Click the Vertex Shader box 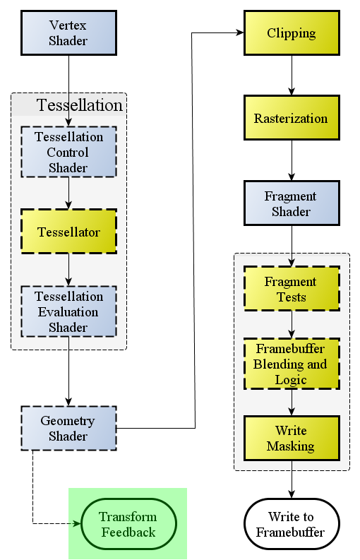pyautogui.click(x=69, y=33)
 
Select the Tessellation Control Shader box pyautogui.click(x=69, y=152)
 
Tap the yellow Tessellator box pyautogui.click(x=69, y=232)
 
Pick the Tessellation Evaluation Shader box pyautogui.click(x=69, y=311)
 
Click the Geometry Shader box pyautogui.click(x=69, y=428)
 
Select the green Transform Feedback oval pyautogui.click(x=128, y=524)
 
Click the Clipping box pyautogui.click(x=292, y=33)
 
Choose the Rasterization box pyautogui.click(x=292, y=118)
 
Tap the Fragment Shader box pyautogui.click(x=292, y=203)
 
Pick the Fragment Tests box pyautogui.click(x=292, y=289)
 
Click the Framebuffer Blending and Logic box pyautogui.click(x=292, y=364)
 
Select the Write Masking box pyautogui.click(x=292, y=439)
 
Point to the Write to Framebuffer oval pyautogui.click(x=292, y=524)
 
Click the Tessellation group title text pyautogui.click(x=79, y=105)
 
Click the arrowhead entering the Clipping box pyautogui.click(x=240, y=33)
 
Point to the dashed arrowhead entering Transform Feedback pyautogui.click(x=77, y=524)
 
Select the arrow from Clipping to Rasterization pyautogui.click(x=292, y=76)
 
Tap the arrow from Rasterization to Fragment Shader pyautogui.click(x=292, y=161)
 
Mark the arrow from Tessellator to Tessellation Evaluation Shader pyautogui.click(x=69, y=270)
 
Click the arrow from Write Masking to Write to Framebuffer pyautogui.click(x=292, y=479)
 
